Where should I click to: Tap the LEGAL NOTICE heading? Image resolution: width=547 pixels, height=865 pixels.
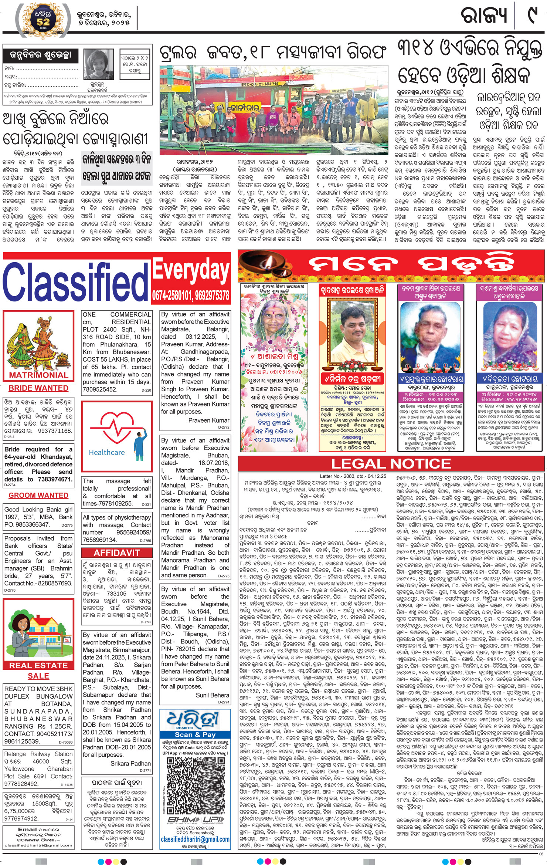[391, 464]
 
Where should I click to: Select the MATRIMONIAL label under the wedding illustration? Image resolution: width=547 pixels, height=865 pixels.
[38, 375]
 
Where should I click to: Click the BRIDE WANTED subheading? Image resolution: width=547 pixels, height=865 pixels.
[38, 388]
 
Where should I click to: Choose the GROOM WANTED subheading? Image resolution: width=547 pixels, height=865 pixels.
[38, 495]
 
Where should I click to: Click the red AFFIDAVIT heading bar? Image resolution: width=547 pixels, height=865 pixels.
[116, 553]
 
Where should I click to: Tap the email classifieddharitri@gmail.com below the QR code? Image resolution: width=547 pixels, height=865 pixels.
[195, 839]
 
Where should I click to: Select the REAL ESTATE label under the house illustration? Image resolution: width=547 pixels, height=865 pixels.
[38, 665]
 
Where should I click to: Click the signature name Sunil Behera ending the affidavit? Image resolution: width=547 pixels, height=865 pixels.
[213, 695]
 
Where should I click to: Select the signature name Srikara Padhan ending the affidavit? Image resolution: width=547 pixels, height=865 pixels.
[130, 763]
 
